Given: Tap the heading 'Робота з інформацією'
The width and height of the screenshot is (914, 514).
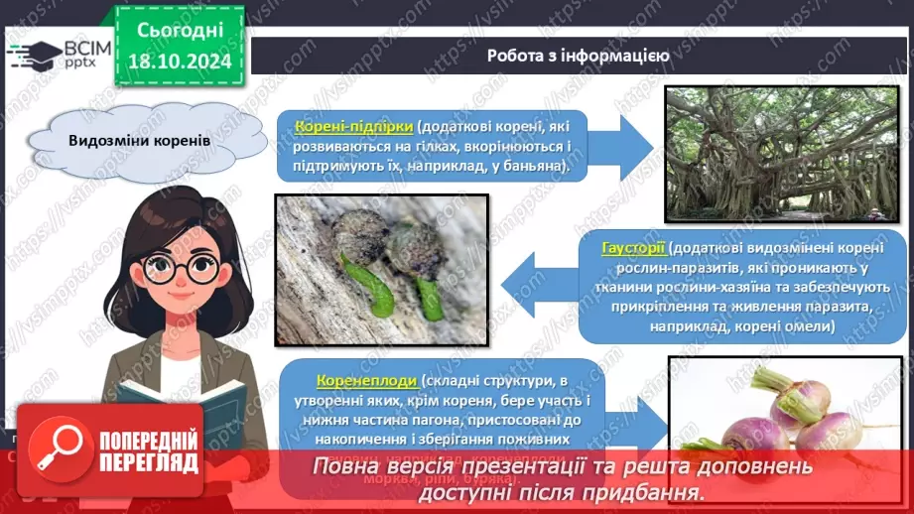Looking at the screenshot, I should click(x=578, y=56).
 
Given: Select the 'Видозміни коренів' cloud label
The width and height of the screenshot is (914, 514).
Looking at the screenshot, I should click(x=139, y=140).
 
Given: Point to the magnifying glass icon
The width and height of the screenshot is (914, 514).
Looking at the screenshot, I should click(x=59, y=450).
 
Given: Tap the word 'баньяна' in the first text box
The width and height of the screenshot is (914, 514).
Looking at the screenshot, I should click(x=532, y=167).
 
